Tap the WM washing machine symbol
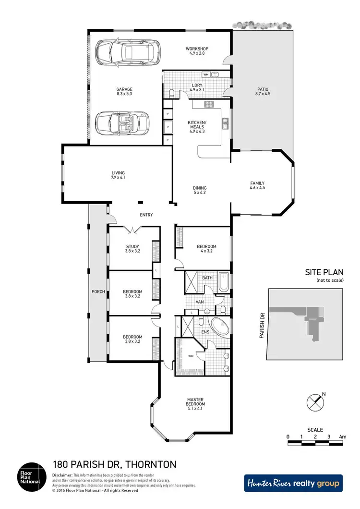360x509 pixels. pyautogui.click(x=206, y=74)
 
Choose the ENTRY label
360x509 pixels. pyautogui.click(x=146, y=215)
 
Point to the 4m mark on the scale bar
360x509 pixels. pyautogui.click(x=342, y=436)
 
